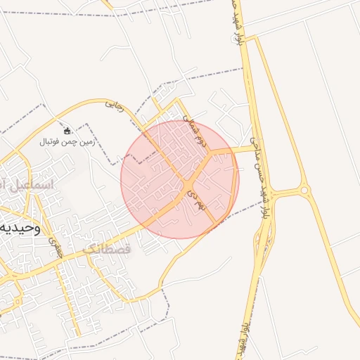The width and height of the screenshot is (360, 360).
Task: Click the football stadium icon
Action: pos(67,131)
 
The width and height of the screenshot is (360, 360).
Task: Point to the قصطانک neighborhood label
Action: pos(106,250)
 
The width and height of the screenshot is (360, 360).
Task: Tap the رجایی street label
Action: pos(114,106)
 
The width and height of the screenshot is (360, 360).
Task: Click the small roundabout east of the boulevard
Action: pos(304,190)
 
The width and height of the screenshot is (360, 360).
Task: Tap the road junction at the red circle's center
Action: pos(188,185)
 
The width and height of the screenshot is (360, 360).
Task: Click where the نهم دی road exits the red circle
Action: pos(215,226)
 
